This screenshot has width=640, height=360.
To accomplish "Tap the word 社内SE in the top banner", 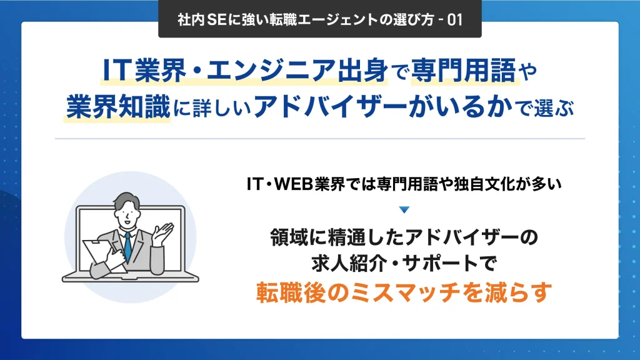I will pos(194,19).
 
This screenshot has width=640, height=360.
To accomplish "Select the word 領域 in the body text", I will pos(289,237).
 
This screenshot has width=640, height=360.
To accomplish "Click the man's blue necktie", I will pos(127,245).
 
